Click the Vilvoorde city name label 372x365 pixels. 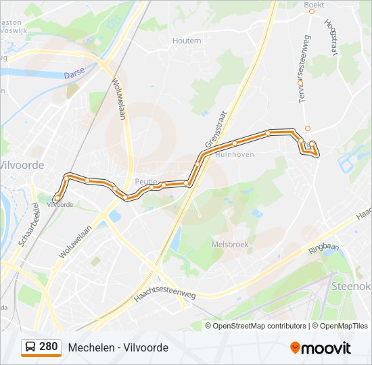click(x=22, y=165)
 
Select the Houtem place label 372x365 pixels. click(x=187, y=41)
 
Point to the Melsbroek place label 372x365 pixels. click(x=230, y=244)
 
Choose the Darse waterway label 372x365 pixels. click(x=74, y=76)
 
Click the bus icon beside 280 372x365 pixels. click(x=30, y=347)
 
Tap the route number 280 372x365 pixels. click(x=48, y=347)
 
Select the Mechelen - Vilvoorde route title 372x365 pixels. click(x=118, y=347)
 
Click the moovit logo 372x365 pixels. click(x=321, y=347)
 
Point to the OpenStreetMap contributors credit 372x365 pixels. click(x=260, y=326)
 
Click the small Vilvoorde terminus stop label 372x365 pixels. click(x=60, y=204)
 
